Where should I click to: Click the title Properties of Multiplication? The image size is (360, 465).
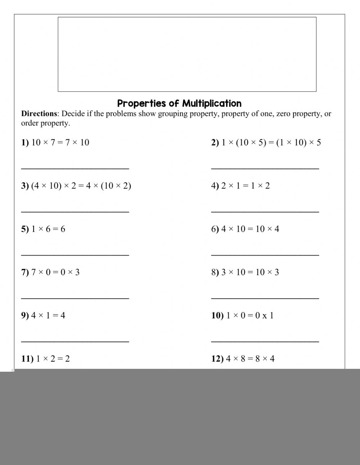click(179, 103)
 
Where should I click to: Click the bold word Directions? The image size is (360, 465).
click(39, 114)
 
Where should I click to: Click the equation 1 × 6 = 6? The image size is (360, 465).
click(48, 229)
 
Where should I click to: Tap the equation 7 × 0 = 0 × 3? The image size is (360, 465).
click(55, 272)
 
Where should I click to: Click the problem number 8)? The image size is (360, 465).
click(215, 272)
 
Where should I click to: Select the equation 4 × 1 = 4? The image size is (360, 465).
click(48, 316)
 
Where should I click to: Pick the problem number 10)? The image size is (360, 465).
click(217, 316)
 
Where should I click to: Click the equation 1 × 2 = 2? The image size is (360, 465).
click(53, 359)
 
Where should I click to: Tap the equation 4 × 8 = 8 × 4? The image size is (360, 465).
click(250, 359)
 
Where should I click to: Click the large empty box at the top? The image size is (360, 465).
click(187, 54)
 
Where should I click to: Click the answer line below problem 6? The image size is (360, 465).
click(265, 255)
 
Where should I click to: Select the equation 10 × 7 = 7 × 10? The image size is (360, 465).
click(60, 143)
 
